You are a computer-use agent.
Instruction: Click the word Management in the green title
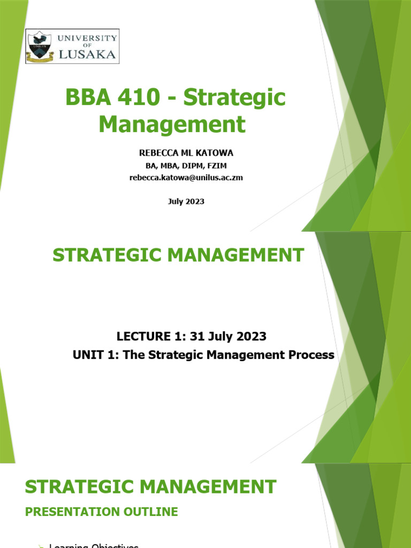172,124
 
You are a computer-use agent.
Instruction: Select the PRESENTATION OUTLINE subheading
102,512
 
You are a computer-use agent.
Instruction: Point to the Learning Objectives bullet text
94,545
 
